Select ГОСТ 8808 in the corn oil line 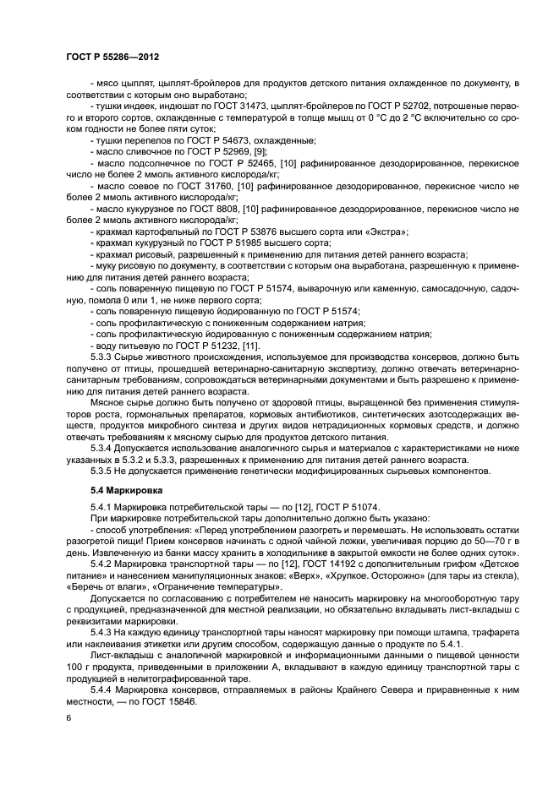[x=216, y=207]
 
